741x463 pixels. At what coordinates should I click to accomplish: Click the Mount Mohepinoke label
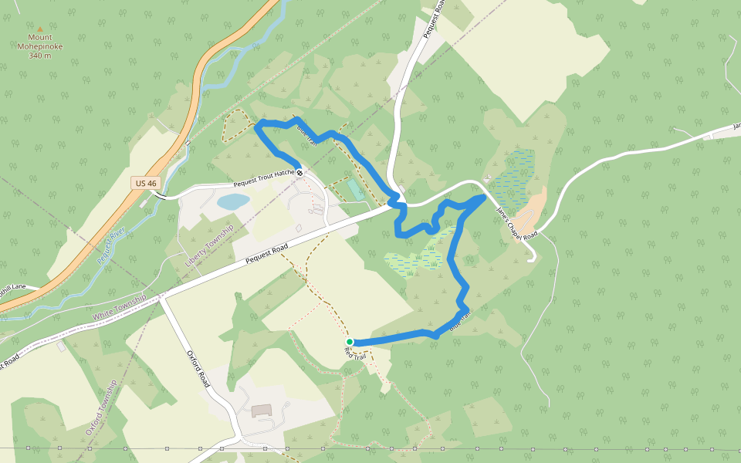pos(40,46)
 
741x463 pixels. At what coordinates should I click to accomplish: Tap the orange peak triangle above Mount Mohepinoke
pos(40,29)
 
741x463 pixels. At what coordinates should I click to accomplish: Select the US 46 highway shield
pos(146,183)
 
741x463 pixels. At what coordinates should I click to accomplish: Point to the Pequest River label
pos(112,246)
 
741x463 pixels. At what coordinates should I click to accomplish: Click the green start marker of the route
pos(350,342)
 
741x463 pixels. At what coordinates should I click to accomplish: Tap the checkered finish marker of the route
pos(299,173)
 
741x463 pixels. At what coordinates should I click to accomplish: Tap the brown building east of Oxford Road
pos(262,411)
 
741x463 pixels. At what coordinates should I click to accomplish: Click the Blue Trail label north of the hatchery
pos(306,136)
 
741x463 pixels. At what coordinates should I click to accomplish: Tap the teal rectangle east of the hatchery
pos(354,188)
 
